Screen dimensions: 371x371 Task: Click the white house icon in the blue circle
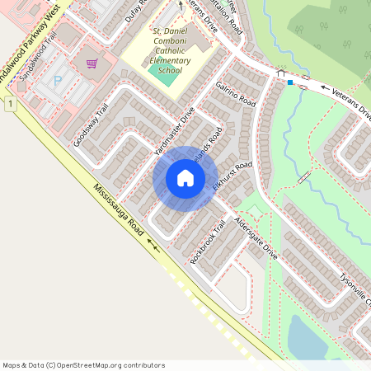[x=185, y=178]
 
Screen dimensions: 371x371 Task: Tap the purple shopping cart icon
[x=92, y=63]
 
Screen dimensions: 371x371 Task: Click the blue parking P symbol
[x=58, y=82]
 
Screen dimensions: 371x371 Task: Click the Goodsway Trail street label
[x=91, y=126]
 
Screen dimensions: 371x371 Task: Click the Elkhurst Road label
[x=231, y=176]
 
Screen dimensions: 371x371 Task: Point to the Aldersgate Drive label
[x=256, y=239]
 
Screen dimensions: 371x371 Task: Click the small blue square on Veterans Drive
[x=290, y=82]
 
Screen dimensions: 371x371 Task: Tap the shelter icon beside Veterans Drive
[x=280, y=74]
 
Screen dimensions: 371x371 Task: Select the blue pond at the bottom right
[x=309, y=338]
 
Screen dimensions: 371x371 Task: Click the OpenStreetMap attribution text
[x=83, y=364]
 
